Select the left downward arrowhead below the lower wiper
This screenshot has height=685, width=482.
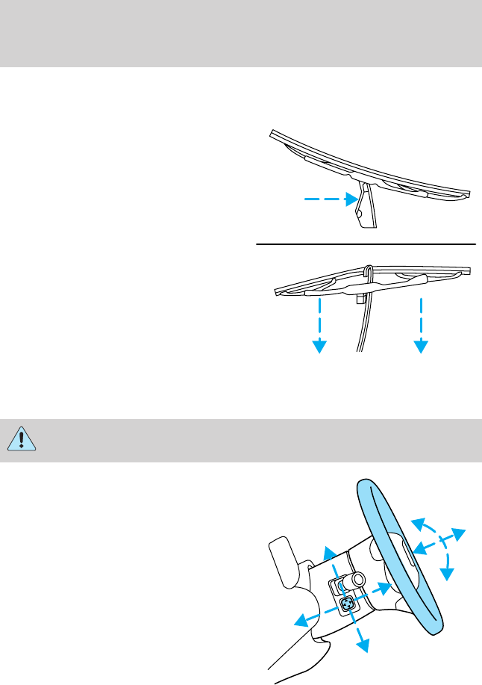click(320, 346)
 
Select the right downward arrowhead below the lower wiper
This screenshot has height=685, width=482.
click(422, 346)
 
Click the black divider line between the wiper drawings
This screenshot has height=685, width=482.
click(366, 244)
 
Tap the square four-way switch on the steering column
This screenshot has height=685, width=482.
click(348, 604)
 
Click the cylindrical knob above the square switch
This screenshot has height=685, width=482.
click(354, 579)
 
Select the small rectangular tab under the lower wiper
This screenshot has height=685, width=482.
click(360, 297)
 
